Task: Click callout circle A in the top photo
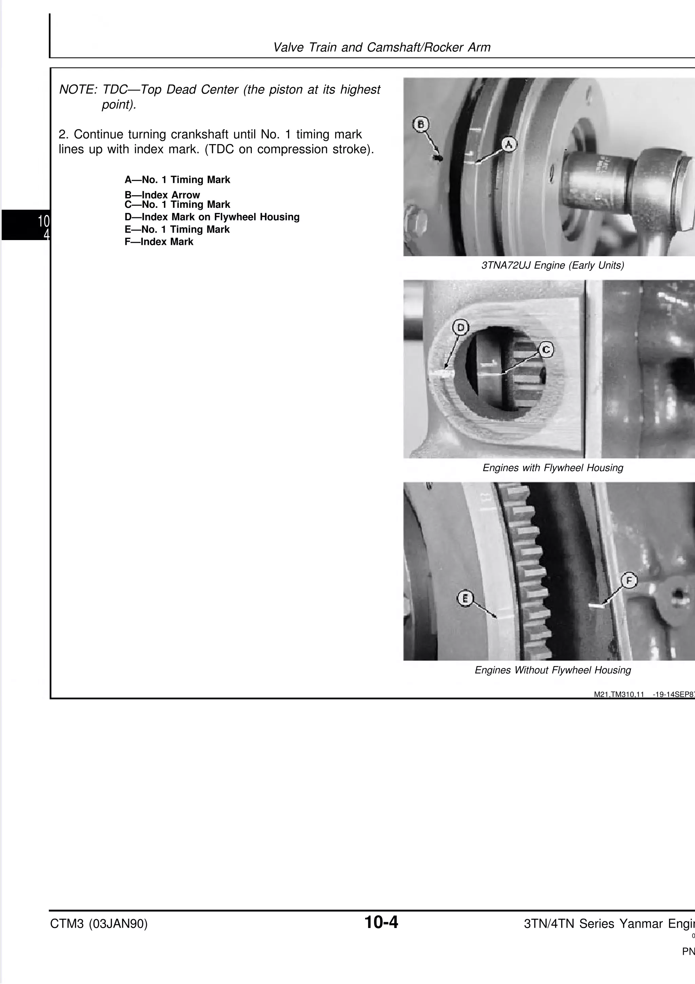click(x=508, y=144)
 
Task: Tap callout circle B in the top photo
click(x=420, y=124)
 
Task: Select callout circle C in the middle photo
click(x=546, y=350)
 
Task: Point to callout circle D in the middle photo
click(x=461, y=328)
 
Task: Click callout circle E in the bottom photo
click(x=465, y=598)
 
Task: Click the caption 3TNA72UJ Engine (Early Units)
click(x=552, y=265)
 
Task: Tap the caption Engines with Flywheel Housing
click(x=552, y=468)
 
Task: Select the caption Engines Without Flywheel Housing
click(x=552, y=670)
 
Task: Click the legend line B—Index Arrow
click(x=162, y=195)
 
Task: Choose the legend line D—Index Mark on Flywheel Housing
click(x=212, y=217)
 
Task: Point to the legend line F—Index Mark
click(x=159, y=242)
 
